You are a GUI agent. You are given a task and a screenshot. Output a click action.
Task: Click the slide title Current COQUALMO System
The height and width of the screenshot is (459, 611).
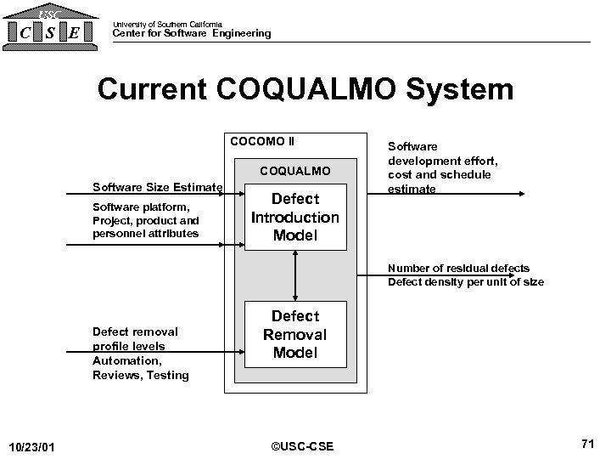305,89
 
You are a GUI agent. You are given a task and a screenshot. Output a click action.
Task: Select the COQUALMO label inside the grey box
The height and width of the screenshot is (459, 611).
294,172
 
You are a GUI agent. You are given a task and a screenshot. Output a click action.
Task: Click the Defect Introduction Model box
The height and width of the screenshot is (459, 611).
295,218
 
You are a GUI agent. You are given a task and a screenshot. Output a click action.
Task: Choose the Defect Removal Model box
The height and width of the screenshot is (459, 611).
295,334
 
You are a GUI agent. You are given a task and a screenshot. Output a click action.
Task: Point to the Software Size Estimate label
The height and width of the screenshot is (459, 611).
158,187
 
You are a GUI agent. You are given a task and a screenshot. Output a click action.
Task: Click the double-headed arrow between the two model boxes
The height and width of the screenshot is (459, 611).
295,276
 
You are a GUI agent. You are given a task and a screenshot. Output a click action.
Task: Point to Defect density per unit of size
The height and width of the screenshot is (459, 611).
466,282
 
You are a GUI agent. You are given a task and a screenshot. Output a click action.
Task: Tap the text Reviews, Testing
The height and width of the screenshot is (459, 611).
140,375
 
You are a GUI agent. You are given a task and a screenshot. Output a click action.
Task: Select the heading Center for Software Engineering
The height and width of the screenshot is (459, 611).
192,34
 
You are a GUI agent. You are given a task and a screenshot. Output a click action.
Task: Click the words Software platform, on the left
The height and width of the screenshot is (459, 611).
140,207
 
